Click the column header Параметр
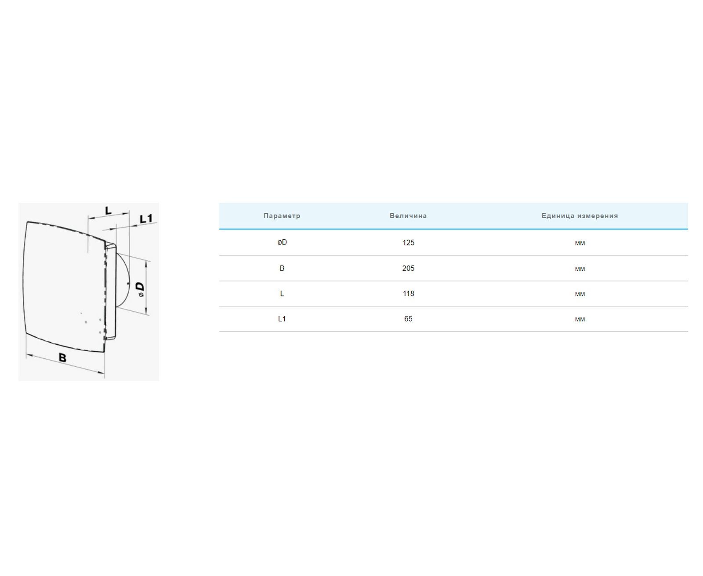click(x=282, y=216)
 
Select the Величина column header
click(x=408, y=216)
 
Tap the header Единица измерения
click(x=580, y=216)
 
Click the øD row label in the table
click(x=282, y=242)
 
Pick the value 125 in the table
click(x=408, y=243)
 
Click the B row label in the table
click(x=282, y=269)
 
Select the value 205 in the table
click(x=408, y=269)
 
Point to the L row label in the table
click(x=282, y=294)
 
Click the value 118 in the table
click(x=408, y=294)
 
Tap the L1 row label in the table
click(x=282, y=319)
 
